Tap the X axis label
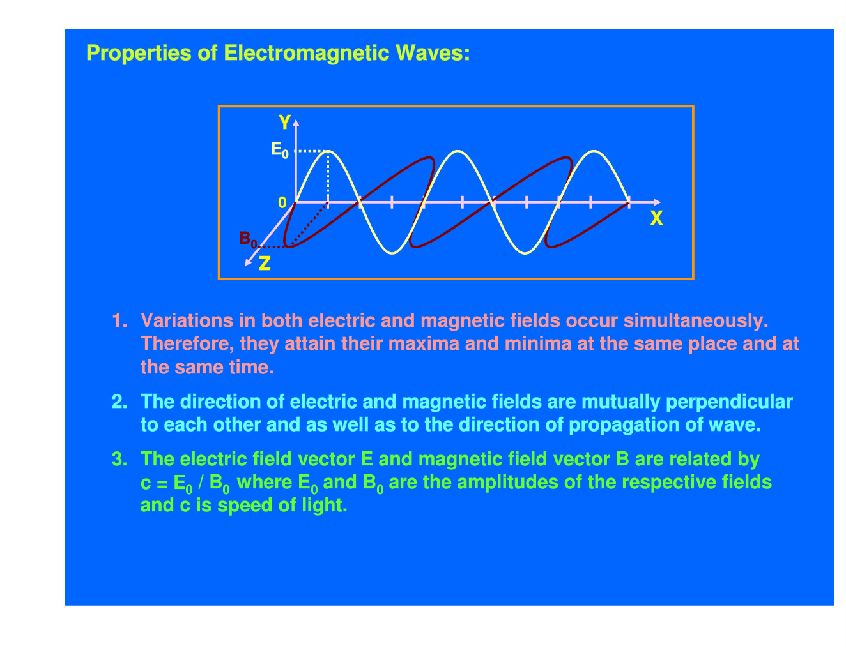point(656,218)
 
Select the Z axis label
point(265,263)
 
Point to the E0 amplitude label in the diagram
point(279,150)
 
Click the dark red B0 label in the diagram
point(248,239)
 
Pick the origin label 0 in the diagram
point(282,202)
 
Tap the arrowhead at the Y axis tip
point(296,123)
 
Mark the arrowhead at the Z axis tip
point(247,262)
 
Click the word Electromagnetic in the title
point(307,53)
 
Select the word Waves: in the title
point(433,53)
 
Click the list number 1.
point(119,320)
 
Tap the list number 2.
point(119,402)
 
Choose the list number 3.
point(119,459)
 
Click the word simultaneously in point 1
point(696,321)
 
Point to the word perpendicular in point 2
point(729,402)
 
